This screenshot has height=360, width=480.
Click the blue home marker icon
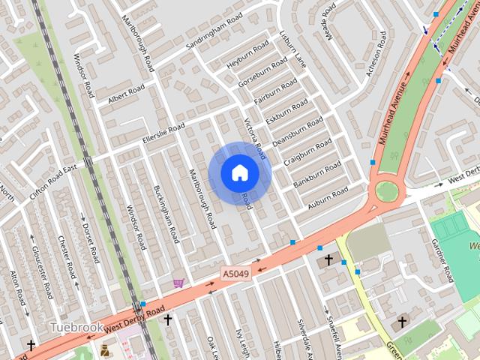[239, 172]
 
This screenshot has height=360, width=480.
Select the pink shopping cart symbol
[178, 283]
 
